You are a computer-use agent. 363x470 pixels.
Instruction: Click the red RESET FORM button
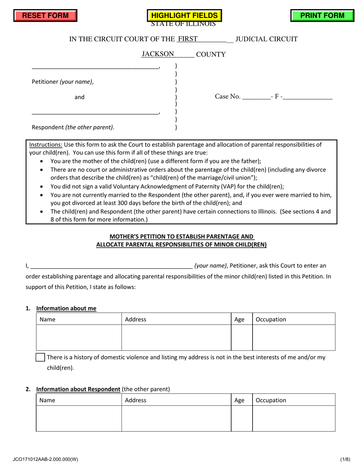click(x=45, y=16)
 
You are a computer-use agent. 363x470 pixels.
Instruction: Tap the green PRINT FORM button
click(x=322, y=16)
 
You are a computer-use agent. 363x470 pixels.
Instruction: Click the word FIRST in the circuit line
click(x=188, y=39)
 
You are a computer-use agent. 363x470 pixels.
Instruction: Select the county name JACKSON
click(x=157, y=54)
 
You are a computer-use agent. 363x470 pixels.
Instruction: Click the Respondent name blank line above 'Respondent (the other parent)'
click(x=95, y=112)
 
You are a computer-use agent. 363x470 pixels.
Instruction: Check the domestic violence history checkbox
click(x=40, y=358)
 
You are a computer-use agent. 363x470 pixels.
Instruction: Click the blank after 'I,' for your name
click(x=111, y=266)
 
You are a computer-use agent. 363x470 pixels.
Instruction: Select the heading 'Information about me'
click(x=66, y=308)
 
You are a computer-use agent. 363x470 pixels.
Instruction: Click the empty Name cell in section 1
click(x=79, y=337)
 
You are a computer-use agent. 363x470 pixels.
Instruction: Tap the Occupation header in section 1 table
click(x=271, y=319)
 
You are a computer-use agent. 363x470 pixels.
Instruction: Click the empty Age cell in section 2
click(x=242, y=418)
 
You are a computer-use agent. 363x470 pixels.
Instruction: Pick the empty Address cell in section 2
click(x=176, y=418)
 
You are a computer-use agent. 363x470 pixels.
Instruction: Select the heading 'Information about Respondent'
click(x=78, y=389)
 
